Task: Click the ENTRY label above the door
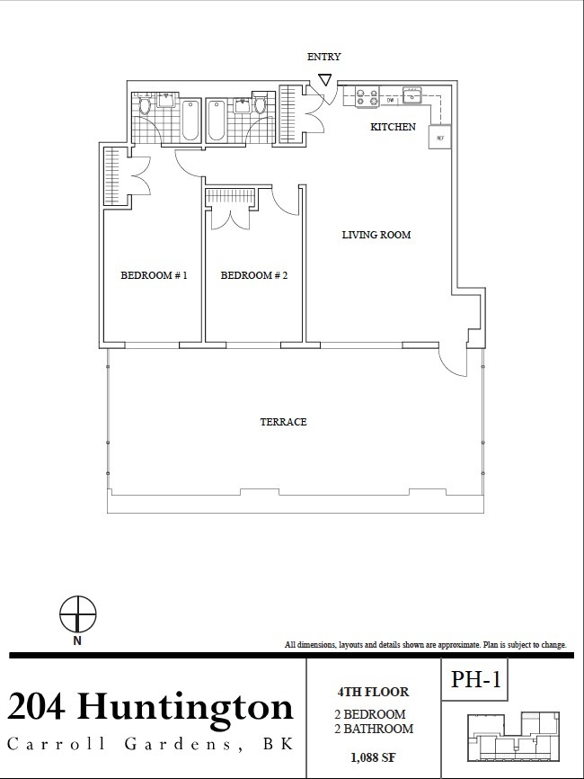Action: click(x=323, y=57)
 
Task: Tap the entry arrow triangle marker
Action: click(x=325, y=80)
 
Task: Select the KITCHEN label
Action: click(x=393, y=127)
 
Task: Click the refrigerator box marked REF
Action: click(x=439, y=137)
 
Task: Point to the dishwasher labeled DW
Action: click(x=391, y=101)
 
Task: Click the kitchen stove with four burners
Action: click(x=367, y=96)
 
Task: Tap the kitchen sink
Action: click(x=411, y=94)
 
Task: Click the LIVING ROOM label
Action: click(x=376, y=235)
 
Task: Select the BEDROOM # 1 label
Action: click(x=154, y=275)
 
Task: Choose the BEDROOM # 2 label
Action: click(x=254, y=275)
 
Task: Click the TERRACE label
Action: click(x=283, y=422)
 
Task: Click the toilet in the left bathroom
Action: click(x=145, y=107)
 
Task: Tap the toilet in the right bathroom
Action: click(x=260, y=107)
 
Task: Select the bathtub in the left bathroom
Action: click(x=190, y=121)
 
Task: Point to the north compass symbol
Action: click(x=78, y=614)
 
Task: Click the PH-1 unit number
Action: click(x=475, y=678)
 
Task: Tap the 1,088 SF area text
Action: click(x=373, y=757)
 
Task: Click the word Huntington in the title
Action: click(x=186, y=706)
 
